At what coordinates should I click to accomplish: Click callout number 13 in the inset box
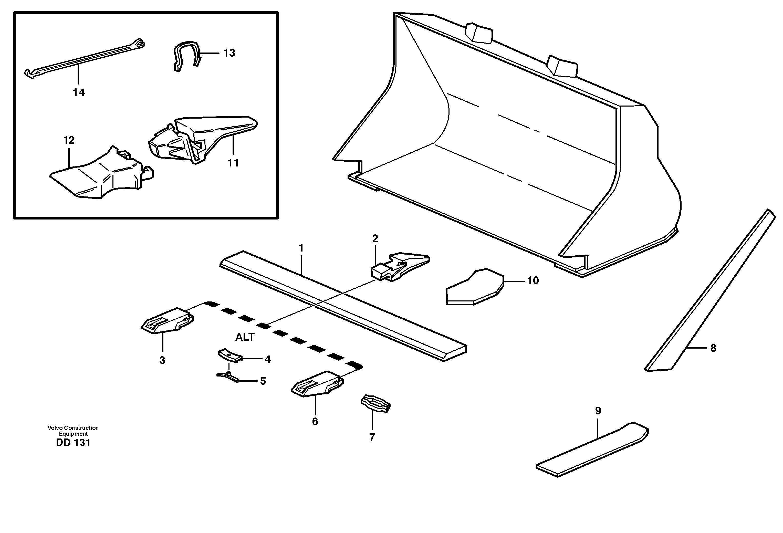(229, 53)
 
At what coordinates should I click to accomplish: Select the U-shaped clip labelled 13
(186, 55)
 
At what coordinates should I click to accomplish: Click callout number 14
(79, 92)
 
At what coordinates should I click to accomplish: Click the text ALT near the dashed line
(245, 337)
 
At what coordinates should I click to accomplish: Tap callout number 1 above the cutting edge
(301, 248)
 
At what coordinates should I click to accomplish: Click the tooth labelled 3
(167, 321)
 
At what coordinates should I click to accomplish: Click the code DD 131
(73, 443)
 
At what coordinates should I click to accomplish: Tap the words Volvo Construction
(73, 428)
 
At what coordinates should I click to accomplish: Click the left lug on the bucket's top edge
(478, 33)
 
